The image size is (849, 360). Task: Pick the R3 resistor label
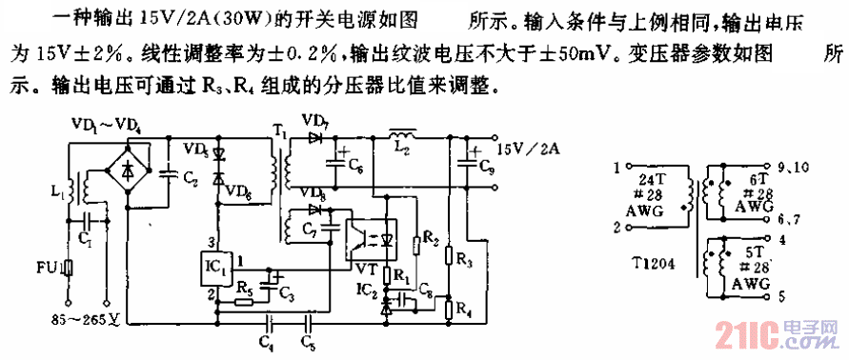tap(462, 258)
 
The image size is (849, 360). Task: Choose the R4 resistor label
tap(462, 310)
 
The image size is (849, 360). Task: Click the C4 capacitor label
tap(265, 338)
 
